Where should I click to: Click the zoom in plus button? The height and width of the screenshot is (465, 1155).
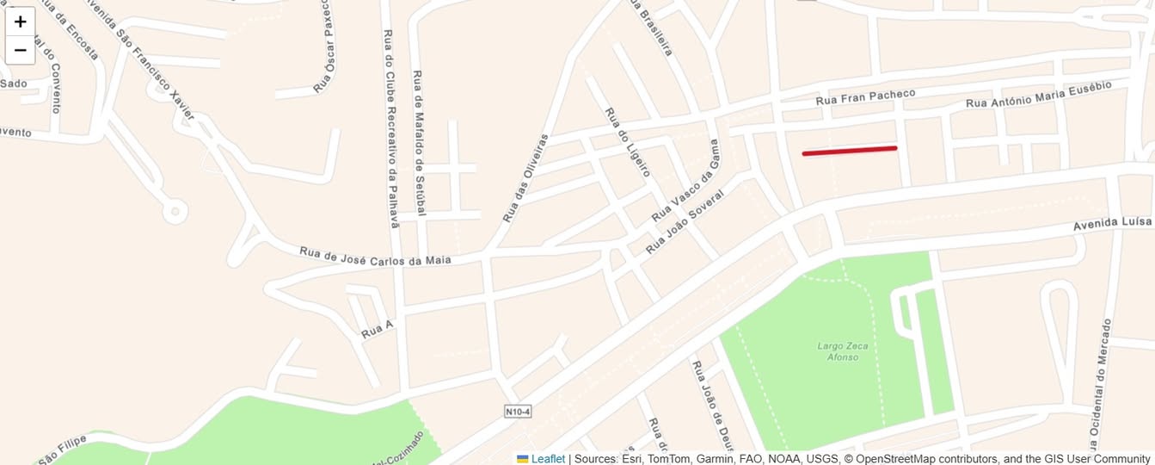point(21,22)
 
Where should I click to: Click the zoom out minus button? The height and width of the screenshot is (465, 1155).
point(21,50)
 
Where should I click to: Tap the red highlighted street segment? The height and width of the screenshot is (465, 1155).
point(850,151)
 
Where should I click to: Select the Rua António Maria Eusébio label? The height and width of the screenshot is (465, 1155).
point(1039,95)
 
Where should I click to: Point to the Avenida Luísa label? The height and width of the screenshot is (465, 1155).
point(1111,224)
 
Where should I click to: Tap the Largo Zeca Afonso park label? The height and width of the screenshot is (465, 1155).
point(842,351)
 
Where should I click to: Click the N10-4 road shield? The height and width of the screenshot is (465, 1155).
point(517,412)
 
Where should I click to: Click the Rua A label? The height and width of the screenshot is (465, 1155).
point(378,328)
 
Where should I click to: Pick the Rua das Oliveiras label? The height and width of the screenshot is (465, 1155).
point(525,178)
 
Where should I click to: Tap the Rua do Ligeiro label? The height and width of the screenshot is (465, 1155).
point(627,142)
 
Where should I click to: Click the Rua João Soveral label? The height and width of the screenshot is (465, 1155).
point(685,221)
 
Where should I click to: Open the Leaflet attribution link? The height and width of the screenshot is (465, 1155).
point(548,459)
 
